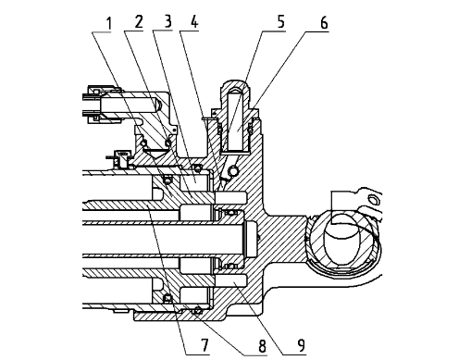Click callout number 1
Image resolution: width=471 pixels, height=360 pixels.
[108, 24]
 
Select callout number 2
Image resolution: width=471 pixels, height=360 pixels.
[139, 22]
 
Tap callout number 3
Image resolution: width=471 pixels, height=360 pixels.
[167, 21]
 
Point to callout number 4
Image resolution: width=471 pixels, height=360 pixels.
[194, 22]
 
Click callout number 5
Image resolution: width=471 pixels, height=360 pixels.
[280, 22]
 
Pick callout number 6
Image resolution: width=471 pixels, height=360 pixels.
[324, 23]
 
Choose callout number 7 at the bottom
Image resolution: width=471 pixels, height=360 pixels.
[205, 345]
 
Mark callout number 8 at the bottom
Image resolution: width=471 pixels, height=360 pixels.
[262, 346]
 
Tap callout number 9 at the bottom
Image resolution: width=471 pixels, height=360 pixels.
[301, 345]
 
